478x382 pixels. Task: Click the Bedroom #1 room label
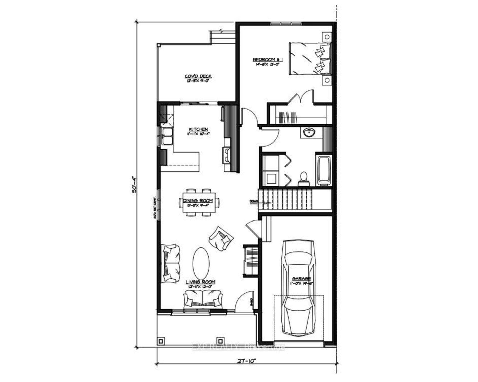click(x=268, y=60)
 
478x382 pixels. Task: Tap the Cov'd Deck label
click(x=198, y=76)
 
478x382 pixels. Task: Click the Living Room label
click(x=200, y=282)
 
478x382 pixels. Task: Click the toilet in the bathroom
click(x=303, y=178)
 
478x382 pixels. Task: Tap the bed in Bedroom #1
click(x=310, y=59)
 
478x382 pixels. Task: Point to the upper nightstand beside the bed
click(x=327, y=37)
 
